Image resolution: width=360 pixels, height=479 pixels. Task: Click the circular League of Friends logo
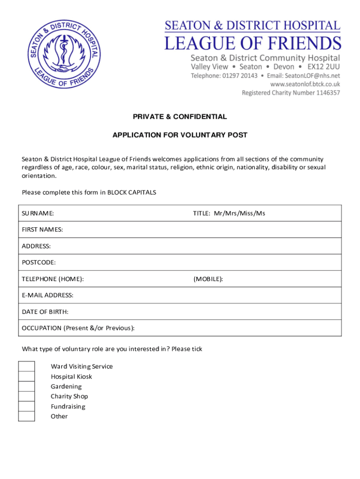(64, 56)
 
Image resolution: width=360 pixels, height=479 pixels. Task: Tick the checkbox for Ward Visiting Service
(27, 366)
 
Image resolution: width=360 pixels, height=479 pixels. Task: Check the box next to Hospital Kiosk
(27, 377)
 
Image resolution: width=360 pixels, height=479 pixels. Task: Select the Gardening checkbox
(27, 386)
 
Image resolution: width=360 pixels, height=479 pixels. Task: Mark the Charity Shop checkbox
(27, 396)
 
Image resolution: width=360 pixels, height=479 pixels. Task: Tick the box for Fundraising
(27, 406)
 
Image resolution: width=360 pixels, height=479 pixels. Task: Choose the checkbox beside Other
(27, 416)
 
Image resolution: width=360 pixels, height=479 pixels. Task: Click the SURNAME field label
(38, 213)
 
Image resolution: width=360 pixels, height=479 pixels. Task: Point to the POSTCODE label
(39, 262)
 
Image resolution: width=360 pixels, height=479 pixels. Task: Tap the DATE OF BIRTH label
(45, 312)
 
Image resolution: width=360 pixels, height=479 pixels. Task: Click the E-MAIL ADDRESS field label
(48, 295)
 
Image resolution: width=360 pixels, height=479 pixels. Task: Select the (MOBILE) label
(208, 279)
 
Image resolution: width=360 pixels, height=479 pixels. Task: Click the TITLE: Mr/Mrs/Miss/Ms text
(229, 213)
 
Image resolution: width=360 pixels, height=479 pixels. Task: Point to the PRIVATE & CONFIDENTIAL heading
(180, 116)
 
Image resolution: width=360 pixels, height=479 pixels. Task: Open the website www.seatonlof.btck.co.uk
(305, 84)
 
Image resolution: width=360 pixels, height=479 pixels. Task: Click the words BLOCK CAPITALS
(132, 192)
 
